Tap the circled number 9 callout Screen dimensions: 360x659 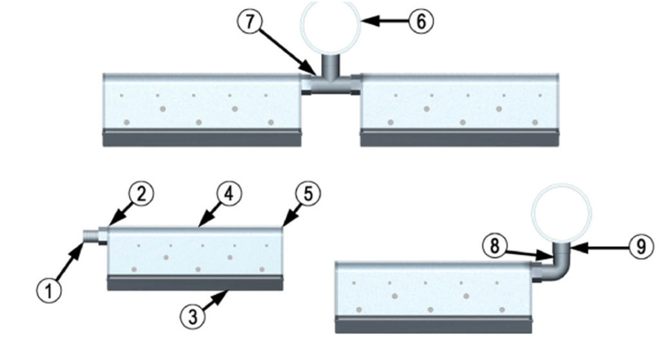pos(641,245)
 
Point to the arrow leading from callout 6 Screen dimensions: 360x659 pos(385,21)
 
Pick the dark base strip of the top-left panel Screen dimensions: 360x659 pos(202,138)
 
